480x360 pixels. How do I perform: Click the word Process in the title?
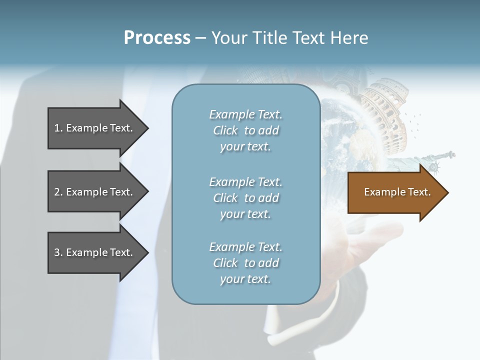point(157,38)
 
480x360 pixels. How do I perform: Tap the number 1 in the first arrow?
point(57,128)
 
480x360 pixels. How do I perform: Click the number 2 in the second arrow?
point(57,192)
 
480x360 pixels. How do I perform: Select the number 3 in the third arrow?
point(57,253)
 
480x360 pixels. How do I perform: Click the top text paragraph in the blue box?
point(245,130)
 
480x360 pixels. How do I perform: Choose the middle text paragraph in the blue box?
point(245,198)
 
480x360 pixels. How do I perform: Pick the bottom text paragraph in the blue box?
point(245,263)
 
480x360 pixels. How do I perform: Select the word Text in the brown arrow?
point(419,192)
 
